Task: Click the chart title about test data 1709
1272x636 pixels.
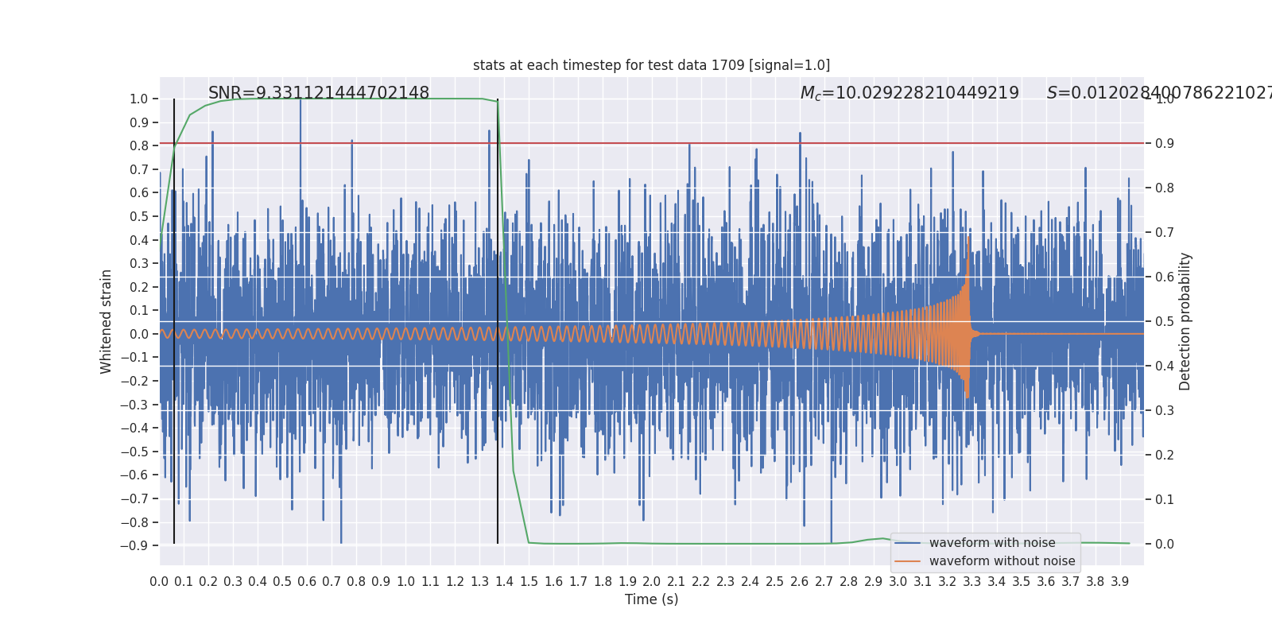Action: pos(651,65)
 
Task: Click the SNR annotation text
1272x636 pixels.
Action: pos(318,93)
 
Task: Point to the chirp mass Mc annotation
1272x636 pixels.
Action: pos(909,93)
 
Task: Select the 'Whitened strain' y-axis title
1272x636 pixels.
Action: pos(107,321)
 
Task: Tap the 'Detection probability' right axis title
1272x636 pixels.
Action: pos(1185,321)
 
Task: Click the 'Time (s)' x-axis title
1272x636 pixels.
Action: pos(651,599)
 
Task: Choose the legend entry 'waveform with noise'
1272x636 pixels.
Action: pos(991,543)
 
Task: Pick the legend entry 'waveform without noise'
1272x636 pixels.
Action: pos(1002,561)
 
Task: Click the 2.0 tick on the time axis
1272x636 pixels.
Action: pos(652,582)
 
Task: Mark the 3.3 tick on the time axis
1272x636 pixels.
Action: pos(971,582)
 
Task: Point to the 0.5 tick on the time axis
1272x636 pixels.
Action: pos(282,582)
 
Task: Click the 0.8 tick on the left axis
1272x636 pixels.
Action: pos(138,145)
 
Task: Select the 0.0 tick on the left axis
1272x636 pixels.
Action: pos(138,334)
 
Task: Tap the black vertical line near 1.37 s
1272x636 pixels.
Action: pos(498,318)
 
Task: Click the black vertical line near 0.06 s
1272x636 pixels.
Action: pos(174,318)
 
